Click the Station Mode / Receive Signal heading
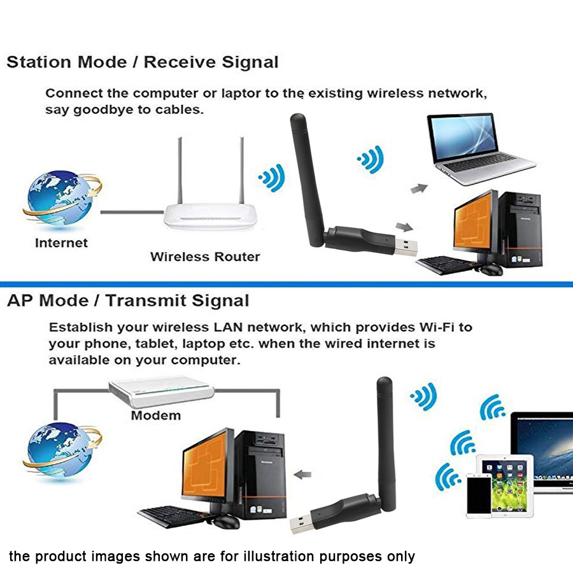click(x=143, y=62)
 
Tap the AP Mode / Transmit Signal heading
click(x=128, y=301)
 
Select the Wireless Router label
click(x=205, y=257)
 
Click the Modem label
click(x=155, y=416)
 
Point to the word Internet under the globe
click(x=61, y=243)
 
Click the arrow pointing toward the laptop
click(x=418, y=188)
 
